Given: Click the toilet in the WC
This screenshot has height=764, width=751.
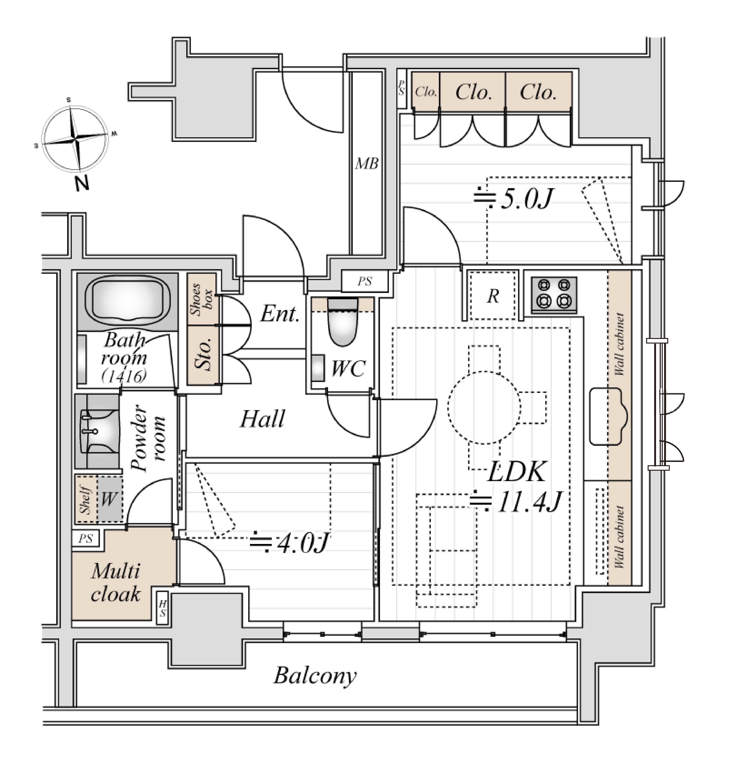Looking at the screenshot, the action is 342,322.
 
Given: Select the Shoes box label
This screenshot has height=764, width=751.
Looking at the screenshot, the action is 202,299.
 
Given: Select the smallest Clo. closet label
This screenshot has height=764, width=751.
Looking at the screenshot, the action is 426,92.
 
